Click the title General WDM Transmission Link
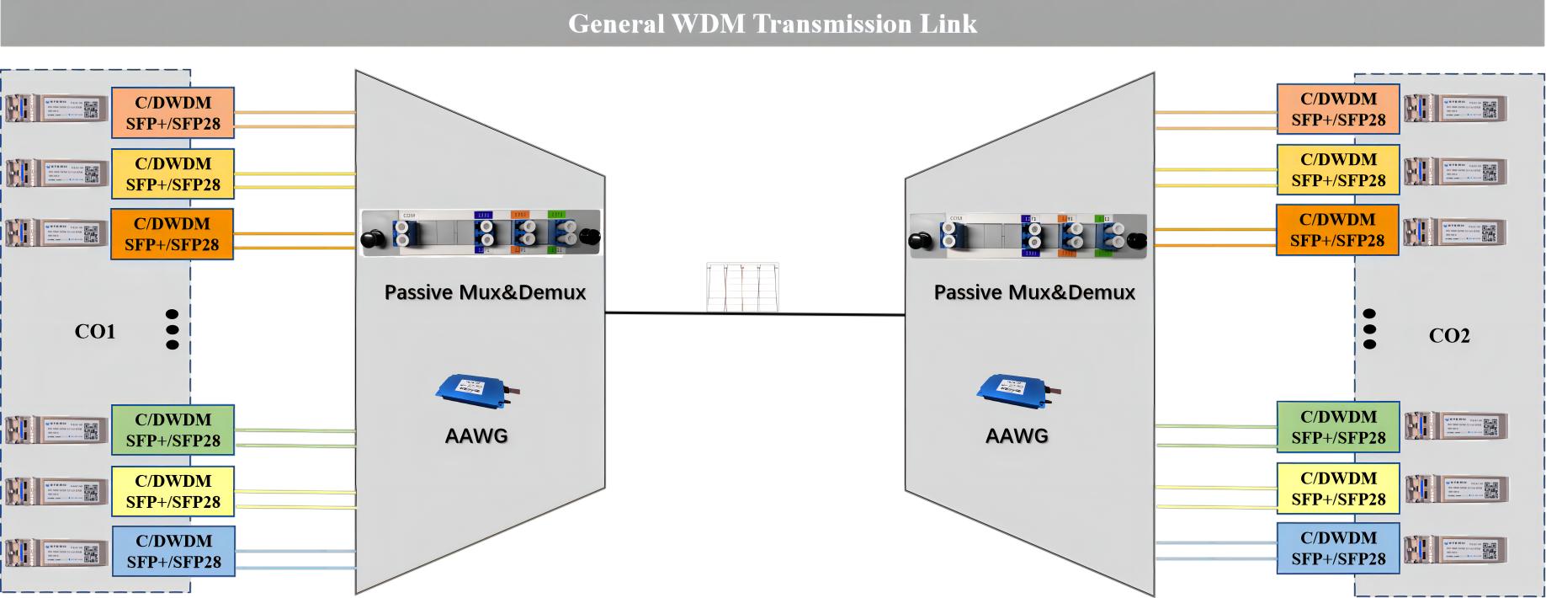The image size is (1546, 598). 773,24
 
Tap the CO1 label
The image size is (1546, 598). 95,332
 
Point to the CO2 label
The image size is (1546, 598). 1449,336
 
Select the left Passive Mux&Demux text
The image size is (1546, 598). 485,292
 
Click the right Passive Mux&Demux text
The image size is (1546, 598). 1034,292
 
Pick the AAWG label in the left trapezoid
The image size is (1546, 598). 476,435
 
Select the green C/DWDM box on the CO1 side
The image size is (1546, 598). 173,430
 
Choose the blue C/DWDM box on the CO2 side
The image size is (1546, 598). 1338,548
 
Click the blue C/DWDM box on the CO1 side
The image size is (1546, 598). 173,551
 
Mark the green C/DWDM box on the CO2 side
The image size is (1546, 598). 1338,427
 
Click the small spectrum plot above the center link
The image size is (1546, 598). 742,286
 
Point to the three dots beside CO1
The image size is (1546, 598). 173,328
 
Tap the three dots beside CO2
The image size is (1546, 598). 1369,328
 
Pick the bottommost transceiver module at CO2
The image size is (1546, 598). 1456,549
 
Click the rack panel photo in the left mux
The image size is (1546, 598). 481,232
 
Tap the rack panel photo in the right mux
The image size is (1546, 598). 1028,234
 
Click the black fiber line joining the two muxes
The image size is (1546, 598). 755,314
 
